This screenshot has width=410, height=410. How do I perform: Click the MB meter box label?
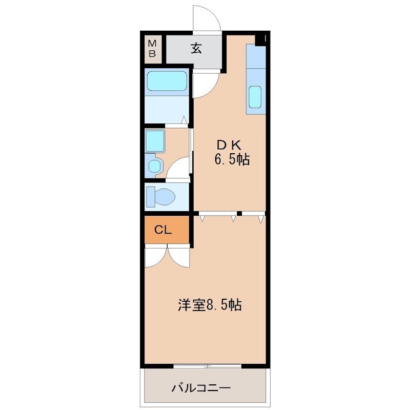click(x=152, y=48)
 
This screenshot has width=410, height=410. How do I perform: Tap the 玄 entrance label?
click(x=196, y=49)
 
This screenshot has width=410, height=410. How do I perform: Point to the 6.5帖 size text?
click(x=232, y=160)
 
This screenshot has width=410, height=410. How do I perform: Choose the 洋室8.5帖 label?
click(x=210, y=305)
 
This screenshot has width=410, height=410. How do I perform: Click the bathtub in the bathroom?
click(x=167, y=81)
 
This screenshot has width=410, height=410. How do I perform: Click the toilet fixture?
click(x=160, y=196)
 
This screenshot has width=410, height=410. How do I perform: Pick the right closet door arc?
click(x=179, y=257)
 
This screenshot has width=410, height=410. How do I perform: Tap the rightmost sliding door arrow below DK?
click(x=261, y=219)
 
